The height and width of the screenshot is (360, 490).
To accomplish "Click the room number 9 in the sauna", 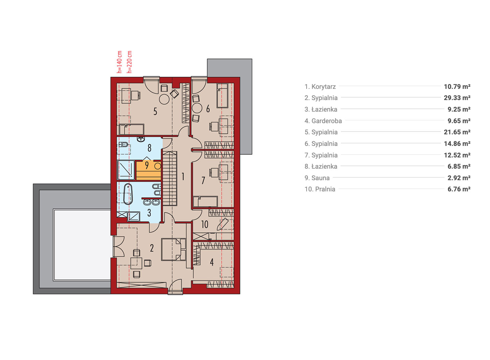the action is click(147, 165).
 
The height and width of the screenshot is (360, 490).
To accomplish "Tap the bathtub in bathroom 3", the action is click(128, 194).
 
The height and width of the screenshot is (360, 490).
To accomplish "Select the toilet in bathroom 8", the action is click(124, 144).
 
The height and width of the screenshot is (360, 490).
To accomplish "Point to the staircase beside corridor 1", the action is click(170, 178).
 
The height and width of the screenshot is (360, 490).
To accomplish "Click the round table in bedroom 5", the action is click(164, 99).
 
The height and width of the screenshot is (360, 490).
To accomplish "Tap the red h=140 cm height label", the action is click(119, 62).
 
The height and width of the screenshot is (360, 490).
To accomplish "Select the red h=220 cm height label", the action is click(129, 62).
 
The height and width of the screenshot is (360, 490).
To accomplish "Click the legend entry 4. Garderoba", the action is click(323, 121).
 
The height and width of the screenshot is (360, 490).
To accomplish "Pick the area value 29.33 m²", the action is click(457, 98).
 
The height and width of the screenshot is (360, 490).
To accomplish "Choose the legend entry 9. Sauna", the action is click(317, 178).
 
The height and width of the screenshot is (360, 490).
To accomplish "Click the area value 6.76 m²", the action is click(459, 189).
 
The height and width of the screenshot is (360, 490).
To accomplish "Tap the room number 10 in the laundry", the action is click(205, 224).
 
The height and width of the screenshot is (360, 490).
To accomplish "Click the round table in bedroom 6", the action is click(197, 108).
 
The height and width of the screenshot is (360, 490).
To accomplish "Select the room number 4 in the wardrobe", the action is click(212, 262).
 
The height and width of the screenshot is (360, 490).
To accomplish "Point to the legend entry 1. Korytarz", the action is click(320, 87).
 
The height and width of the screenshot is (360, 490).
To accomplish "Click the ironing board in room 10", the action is click(223, 224).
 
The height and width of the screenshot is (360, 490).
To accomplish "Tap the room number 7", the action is click(203, 181).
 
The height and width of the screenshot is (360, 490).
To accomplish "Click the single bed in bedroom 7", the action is click(205, 202).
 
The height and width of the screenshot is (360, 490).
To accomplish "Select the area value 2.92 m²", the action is click(459, 178).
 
